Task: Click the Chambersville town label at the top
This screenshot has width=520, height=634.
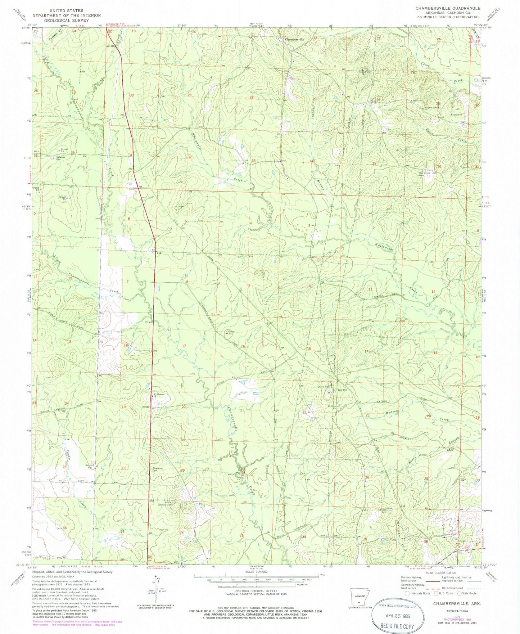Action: [x=294, y=39]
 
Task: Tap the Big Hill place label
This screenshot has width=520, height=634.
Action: [x=342, y=390]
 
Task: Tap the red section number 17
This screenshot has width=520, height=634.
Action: [x=184, y=346]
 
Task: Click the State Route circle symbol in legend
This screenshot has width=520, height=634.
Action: [x=459, y=593]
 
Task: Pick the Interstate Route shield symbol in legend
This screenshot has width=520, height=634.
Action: [x=407, y=593]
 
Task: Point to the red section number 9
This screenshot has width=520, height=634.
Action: [x=249, y=285]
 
